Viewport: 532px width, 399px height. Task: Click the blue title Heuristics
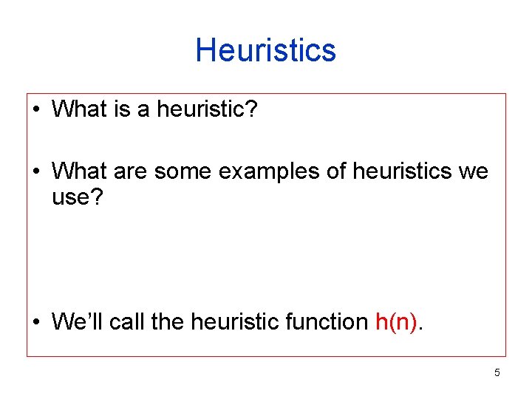pos(266,51)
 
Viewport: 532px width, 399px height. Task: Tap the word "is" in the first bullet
pos(122,110)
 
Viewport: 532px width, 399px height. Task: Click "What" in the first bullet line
pos(80,110)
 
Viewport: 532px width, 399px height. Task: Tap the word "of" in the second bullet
pos(336,172)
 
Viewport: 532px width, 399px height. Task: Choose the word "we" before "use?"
pos(473,172)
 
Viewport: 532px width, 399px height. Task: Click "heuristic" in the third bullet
pos(235,322)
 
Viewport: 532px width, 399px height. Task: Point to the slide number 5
pos(497,372)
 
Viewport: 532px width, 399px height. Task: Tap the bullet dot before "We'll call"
pos(37,323)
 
